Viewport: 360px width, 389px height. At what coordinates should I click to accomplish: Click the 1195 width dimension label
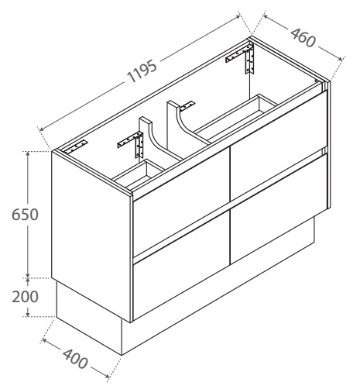click(x=142, y=71)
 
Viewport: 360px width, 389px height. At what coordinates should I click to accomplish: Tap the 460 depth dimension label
click(x=303, y=38)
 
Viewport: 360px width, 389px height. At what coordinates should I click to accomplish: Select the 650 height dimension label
click(x=25, y=215)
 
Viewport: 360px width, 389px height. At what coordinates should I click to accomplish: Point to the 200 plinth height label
click(x=25, y=297)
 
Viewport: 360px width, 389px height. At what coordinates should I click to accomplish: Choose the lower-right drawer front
click(x=279, y=209)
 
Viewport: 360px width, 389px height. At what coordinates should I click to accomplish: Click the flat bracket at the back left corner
click(x=76, y=147)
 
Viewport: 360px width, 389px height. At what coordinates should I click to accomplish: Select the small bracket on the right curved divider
click(x=187, y=105)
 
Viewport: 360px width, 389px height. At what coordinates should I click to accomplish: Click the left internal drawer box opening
click(x=139, y=172)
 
